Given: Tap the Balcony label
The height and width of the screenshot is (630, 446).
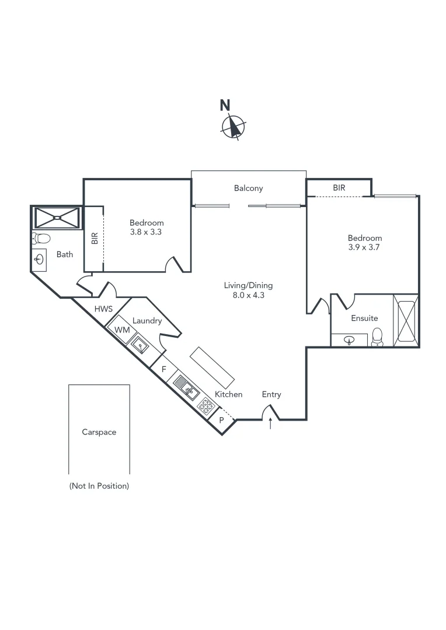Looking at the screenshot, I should pos(249,188).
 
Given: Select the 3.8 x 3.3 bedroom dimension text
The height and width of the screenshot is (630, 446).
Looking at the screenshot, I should pos(147,232).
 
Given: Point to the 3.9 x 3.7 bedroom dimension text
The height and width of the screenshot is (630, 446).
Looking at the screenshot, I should pos(365,247).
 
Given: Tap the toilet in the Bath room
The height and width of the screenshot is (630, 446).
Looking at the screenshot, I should pos(41,238).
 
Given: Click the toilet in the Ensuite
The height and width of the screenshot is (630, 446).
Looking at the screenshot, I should pos(377,337).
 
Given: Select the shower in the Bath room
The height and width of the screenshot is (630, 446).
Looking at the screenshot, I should pos(57,218).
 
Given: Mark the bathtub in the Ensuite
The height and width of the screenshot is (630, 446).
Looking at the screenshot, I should pos(406,321).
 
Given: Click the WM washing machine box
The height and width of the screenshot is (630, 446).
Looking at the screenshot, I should pos(121,330).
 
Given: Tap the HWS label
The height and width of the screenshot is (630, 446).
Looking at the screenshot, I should pos(103,309).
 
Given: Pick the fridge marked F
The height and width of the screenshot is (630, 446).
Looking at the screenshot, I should pos(164,369).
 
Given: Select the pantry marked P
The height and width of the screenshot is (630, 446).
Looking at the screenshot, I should pos(221,419).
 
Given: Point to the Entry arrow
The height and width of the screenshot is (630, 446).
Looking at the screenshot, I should pos(270,424).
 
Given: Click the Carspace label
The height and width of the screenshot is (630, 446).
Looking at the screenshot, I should pos(99,432).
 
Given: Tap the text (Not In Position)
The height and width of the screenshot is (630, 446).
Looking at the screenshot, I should pos(99,485).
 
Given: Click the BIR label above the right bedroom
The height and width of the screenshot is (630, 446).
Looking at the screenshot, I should pos(339,188).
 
